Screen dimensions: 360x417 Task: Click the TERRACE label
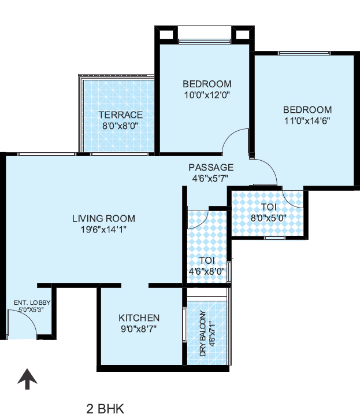coord(121,115)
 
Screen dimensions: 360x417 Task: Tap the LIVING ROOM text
coord(103,219)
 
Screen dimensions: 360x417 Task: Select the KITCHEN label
coord(139,318)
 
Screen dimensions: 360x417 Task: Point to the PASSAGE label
coord(211,167)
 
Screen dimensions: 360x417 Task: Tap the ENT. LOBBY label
coord(32,302)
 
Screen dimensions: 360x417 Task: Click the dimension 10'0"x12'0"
coord(207,95)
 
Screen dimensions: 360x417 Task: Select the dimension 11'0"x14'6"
coord(307,121)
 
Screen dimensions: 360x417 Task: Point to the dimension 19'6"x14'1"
coord(103,229)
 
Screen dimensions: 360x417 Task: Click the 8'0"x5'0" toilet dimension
coord(269,218)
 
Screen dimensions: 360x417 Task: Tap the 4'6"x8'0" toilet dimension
coord(207,271)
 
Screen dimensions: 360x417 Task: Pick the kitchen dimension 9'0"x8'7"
coord(139,329)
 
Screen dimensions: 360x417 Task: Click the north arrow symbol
coord(27,379)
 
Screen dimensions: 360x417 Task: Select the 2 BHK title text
coord(105,408)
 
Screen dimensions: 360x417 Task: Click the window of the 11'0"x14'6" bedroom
coord(304,53)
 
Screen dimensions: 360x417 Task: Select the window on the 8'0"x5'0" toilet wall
coord(275,238)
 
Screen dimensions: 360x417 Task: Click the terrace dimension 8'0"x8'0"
coord(120,126)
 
